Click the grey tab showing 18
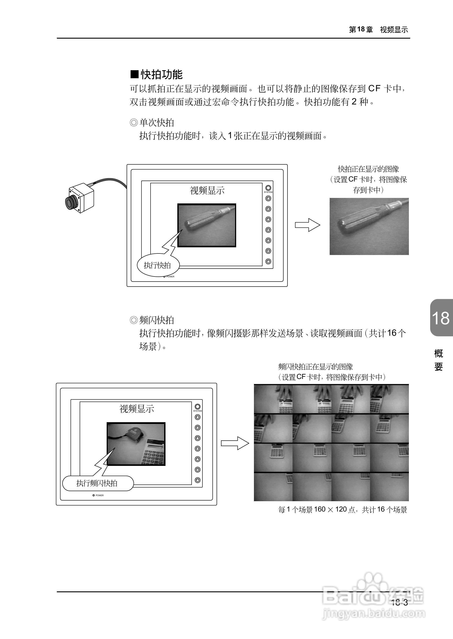pyautogui.click(x=441, y=318)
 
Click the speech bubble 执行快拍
pyautogui.click(x=158, y=265)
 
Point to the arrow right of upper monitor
pyautogui.click(x=307, y=225)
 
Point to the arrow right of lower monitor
pyautogui.click(x=235, y=443)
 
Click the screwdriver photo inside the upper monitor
pyautogui.click(x=207, y=225)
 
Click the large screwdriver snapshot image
pyautogui.click(x=369, y=226)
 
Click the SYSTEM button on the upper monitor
pyautogui.click(x=268, y=188)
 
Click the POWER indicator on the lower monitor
pyautogui.click(x=94, y=495)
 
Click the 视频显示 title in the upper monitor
pyautogui.click(x=207, y=190)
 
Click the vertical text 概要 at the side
pyautogui.click(x=438, y=360)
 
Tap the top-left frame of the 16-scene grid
pyautogui.click(x=273, y=399)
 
